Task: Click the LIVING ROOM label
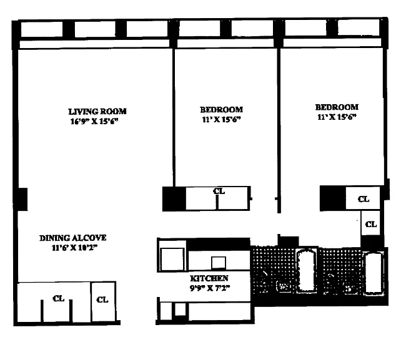pos(97,112)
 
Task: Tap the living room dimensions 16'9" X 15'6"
pos(94,121)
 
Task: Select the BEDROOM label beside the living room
pos(221,110)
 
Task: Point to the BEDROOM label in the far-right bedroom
pos(337,107)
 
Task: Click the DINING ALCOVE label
pos(72,238)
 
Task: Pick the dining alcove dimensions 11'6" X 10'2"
pos(74,248)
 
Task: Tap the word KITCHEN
pos(209,278)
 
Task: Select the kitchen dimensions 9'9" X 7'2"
pos(210,288)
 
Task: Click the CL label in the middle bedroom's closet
pos(219,191)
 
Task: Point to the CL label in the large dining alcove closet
pos(59,298)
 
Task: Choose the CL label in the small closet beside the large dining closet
pos(102,299)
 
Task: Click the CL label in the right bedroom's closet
pos(364,199)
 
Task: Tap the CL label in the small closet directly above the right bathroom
pos(371,224)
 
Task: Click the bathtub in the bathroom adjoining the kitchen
pos(307,270)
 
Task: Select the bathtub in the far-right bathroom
pos(374,273)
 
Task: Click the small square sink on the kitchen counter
pos(219,263)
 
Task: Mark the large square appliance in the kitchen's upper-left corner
pos(172,259)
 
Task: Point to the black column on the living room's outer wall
pos(21,199)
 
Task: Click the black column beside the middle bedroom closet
pos(174,198)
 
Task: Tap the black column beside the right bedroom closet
pos(333,198)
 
